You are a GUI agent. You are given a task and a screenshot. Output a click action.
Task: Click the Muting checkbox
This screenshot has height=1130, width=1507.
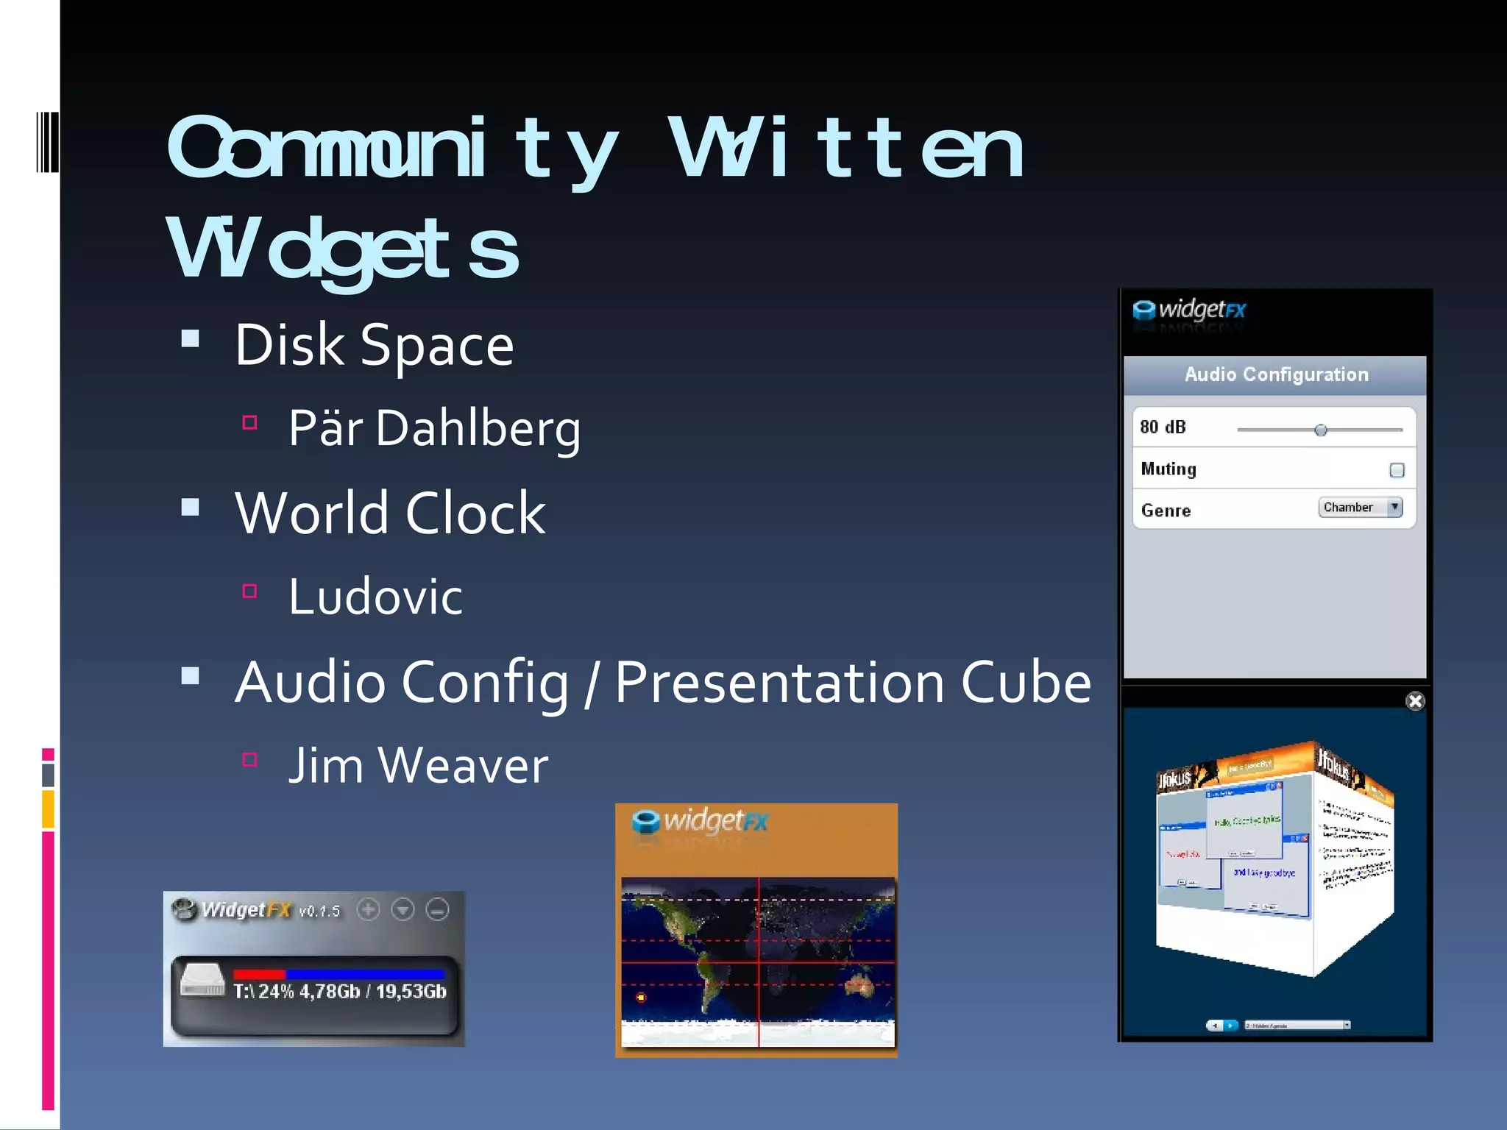click(x=1397, y=470)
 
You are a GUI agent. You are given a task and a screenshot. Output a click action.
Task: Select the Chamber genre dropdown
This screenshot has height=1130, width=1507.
click(x=1360, y=507)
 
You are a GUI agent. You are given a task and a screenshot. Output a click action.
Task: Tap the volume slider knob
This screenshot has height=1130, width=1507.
click(x=1321, y=430)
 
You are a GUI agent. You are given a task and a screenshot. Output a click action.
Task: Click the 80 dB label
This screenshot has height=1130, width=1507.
click(x=1163, y=427)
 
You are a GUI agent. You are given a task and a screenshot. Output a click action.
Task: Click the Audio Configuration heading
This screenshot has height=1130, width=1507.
click(x=1276, y=374)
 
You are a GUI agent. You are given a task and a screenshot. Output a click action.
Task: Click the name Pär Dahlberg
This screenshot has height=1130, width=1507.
click(x=434, y=427)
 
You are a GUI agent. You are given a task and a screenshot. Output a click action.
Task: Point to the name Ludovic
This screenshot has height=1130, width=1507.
click(x=375, y=596)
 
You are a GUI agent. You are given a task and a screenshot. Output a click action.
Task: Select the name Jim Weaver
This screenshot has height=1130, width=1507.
click(x=418, y=765)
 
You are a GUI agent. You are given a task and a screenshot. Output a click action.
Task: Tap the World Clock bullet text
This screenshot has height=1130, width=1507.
click(x=390, y=513)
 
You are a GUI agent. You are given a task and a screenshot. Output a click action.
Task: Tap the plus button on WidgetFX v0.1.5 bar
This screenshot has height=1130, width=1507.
click(x=368, y=910)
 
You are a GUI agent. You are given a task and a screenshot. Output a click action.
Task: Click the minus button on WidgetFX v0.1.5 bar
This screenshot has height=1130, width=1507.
click(x=438, y=910)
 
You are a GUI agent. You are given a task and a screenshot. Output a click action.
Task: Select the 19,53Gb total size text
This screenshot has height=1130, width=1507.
click(x=411, y=992)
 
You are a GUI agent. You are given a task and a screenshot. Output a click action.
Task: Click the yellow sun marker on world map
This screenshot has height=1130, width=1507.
click(x=641, y=998)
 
